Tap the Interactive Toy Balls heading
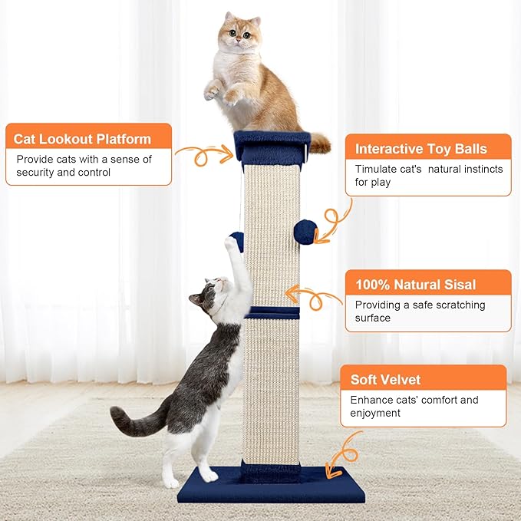click(x=421, y=149)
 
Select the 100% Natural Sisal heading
click(x=415, y=285)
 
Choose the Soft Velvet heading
click(x=386, y=379)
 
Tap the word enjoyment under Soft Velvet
click(x=376, y=413)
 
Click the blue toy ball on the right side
click(x=305, y=232)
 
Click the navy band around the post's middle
click(x=273, y=312)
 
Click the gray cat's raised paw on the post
click(x=230, y=244)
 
